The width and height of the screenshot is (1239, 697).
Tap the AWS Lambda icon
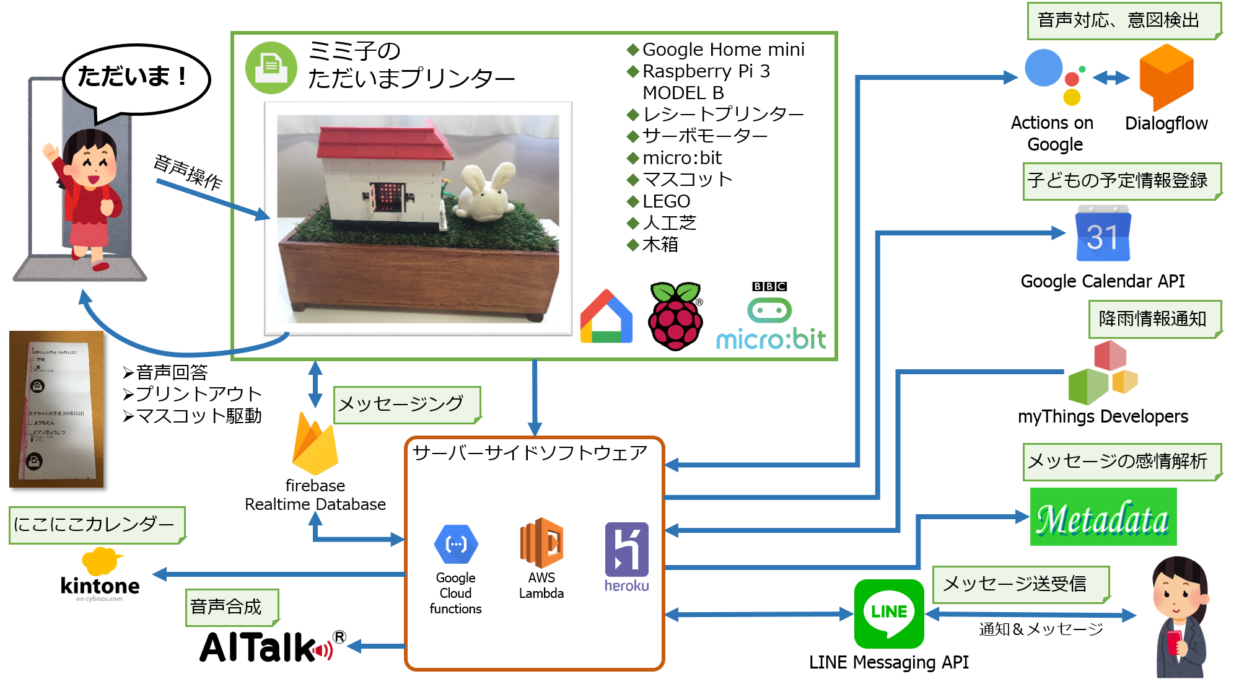541,543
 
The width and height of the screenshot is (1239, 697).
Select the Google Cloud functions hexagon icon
456,544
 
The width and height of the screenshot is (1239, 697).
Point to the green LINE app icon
888,613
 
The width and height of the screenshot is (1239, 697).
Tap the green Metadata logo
1103,517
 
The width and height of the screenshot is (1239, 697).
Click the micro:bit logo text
771,339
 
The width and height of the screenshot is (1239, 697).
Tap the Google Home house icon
606,317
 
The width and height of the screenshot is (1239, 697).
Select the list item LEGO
666,201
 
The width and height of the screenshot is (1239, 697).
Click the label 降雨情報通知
1152,319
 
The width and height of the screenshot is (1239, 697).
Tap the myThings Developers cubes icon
1103,372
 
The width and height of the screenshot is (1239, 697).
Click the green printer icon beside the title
271,68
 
